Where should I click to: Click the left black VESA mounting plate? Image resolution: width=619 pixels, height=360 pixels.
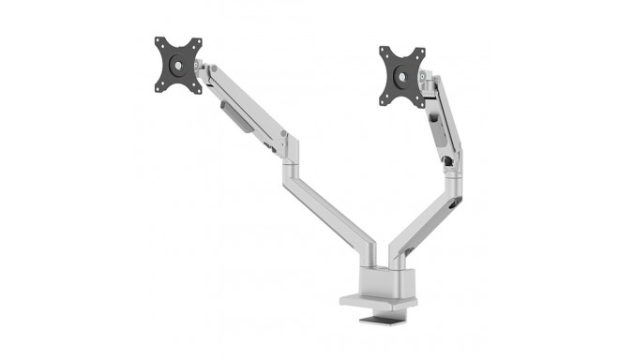(x=179, y=65)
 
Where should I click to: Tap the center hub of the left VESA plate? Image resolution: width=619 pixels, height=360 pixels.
(x=179, y=65)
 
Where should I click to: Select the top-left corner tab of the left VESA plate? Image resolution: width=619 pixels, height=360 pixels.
(x=160, y=43)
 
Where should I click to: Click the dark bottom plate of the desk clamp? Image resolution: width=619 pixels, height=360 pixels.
(x=385, y=322)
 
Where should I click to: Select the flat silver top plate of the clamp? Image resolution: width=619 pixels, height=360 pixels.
(x=370, y=300)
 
